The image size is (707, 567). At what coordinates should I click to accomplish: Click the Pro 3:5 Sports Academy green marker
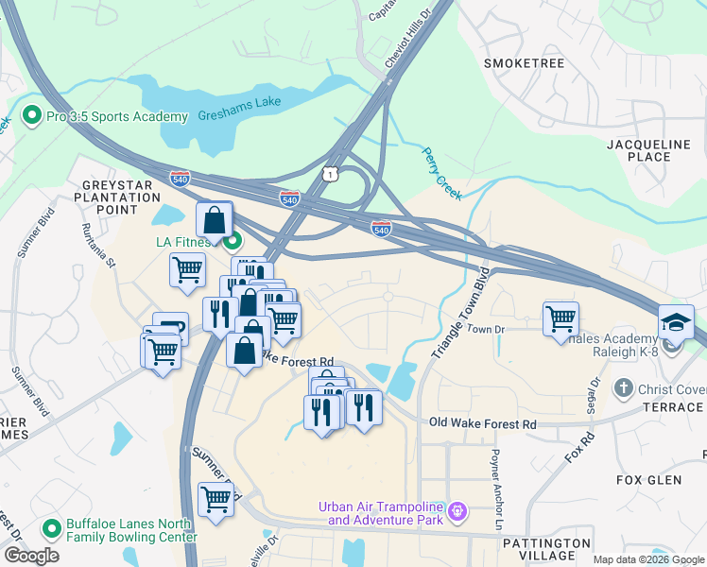[x=32, y=116]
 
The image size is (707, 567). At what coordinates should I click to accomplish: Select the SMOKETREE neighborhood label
[x=524, y=63]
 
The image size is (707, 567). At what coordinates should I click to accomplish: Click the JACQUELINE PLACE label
[x=654, y=149]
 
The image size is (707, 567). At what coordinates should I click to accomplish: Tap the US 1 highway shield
[x=329, y=173]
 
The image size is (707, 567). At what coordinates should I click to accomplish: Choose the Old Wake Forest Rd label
[x=482, y=424]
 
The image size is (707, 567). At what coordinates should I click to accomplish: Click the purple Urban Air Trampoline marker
[x=458, y=512]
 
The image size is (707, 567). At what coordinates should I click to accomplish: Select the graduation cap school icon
[x=676, y=322]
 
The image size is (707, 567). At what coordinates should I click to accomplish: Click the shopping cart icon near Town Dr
[x=561, y=318]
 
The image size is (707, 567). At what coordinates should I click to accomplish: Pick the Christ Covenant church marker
[x=622, y=387]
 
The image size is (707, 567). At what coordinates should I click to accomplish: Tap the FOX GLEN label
[x=648, y=480]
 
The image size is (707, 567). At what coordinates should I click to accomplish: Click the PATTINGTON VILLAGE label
[x=547, y=550]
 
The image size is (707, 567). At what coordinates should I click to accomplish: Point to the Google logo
[x=31, y=556]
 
